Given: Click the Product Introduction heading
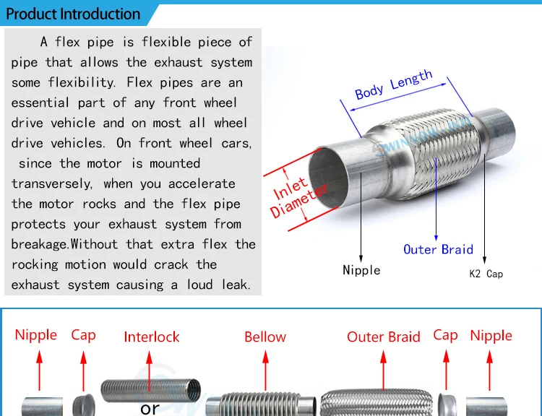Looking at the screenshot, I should pyautogui.click(x=73, y=14).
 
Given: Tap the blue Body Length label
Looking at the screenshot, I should pyautogui.click(x=394, y=86).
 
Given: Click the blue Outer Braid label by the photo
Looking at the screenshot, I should pyautogui.click(x=438, y=249).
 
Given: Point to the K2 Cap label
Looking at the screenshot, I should pyautogui.click(x=486, y=274).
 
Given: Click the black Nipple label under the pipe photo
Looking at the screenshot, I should pyautogui.click(x=361, y=270).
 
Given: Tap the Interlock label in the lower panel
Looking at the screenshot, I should pyautogui.click(x=152, y=337).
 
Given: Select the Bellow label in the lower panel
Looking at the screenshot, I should pyautogui.click(x=265, y=337).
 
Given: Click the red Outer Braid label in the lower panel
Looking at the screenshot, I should pyautogui.click(x=384, y=337).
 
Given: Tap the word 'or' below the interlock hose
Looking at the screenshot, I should pyautogui.click(x=150, y=408).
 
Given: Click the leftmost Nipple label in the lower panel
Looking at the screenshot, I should pyautogui.click(x=36, y=335).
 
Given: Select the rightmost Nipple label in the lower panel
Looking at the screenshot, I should pyautogui.click(x=491, y=335).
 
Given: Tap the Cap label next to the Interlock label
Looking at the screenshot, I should pyautogui.click(x=83, y=335).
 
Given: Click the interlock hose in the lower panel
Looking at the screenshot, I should pyautogui.click(x=147, y=390).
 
